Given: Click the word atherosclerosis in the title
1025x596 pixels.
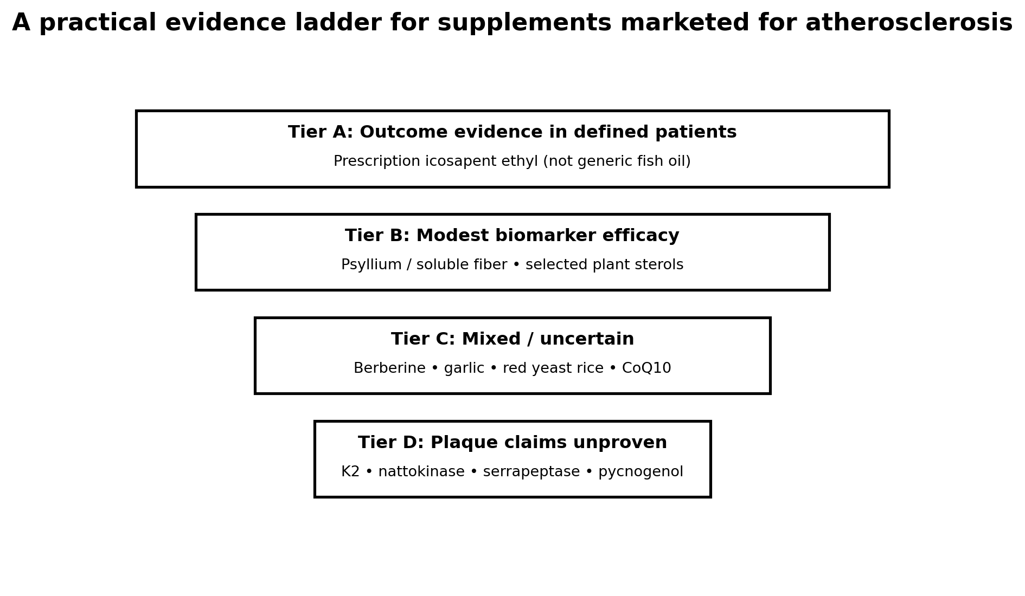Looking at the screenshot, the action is tap(909, 23).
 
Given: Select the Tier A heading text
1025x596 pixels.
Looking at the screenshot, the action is tap(512, 133).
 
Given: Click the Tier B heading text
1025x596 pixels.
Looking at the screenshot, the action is tap(512, 236).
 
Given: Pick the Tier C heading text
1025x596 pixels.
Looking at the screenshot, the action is tap(512, 340).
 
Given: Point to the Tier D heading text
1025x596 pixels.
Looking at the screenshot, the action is tap(512, 443).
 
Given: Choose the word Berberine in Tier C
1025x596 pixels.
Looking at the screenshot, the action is tap(389, 369).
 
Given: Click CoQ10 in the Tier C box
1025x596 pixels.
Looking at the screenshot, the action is tap(646, 369).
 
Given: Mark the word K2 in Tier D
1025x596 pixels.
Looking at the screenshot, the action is tap(350, 472).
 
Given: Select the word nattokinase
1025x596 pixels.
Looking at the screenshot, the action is tap(421, 472).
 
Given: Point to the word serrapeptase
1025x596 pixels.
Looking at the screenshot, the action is tap(531, 472).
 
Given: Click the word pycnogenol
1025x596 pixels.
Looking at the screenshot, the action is tap(641, 472).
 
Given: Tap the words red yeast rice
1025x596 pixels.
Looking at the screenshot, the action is tap(553, 369).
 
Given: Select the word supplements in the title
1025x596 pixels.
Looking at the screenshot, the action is tap(524, 23).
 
